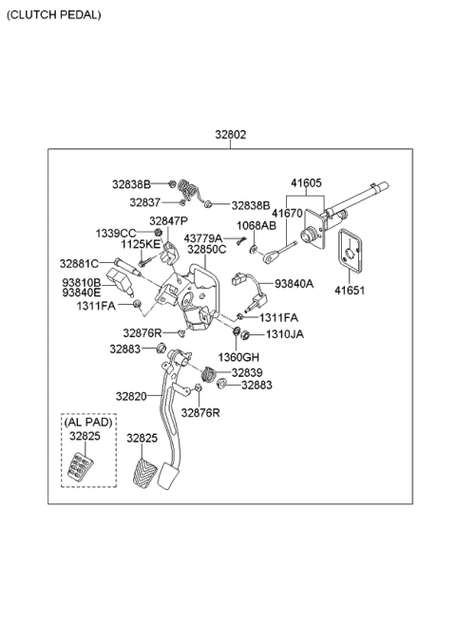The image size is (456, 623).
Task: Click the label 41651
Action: pos(350,291)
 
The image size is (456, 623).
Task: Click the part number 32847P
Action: pos(169,220)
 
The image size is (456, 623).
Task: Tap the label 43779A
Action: pos(203,238)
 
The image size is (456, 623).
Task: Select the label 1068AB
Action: pos(256,226)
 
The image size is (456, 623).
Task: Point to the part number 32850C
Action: pos(206,250)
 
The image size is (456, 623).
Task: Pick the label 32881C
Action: pos(80,263)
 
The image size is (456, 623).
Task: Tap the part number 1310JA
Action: pos(284,334)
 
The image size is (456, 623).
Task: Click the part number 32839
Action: pos(246,372)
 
